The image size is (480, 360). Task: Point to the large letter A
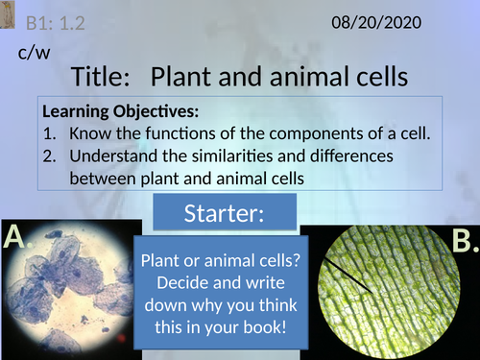pyautogui.click(x=17, y=236)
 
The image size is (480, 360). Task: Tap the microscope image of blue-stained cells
pyautogui.click(x=72, y=293)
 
